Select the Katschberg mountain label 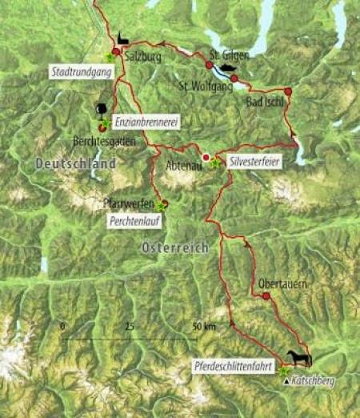coord(311,382)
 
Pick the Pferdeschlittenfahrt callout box coord(234,366)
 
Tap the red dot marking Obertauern coord(266,296)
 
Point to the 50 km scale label coord(205,327)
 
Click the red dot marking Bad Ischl coord(288,91)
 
